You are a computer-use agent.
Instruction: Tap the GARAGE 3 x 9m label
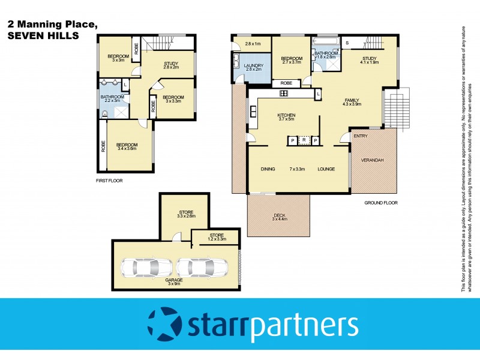click(x=175, y=281)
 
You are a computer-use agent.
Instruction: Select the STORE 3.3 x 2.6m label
click(x=186, y=213)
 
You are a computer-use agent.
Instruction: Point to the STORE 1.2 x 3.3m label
click(x=217, y=238)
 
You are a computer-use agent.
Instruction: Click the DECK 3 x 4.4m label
click(x=280, y=217)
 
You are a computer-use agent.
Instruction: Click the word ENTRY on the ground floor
click(x=361, y=137)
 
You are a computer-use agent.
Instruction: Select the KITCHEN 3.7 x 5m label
click(x=286, y=118)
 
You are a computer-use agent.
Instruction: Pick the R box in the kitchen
click(x=304, y=140)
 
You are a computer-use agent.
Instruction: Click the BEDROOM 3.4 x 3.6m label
click(x=127, y=147)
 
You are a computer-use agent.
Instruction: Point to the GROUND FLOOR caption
click(x=380, y=203)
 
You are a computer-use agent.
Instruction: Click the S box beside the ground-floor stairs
click(x=347, y=43)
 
